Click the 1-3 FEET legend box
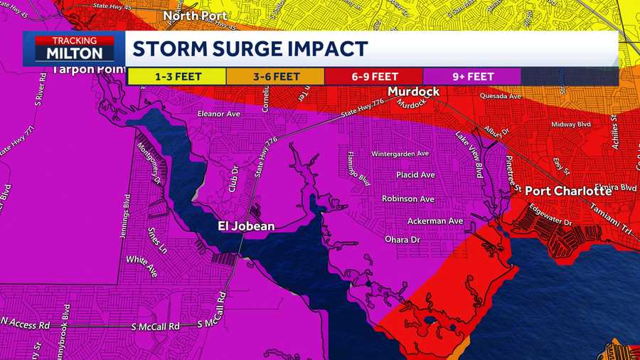(x=176, y=76)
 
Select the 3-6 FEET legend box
(x=274, y=76)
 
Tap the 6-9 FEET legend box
(x=373, y=76)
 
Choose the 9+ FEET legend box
(x=472, y=76)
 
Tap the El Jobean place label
(x=246, y=227)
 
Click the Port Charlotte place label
(x=568, y=191)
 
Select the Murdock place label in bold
(x=413, y=92)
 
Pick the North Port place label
(x=195, y=15)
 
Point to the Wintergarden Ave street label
(x=400, y=153)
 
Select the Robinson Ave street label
(x=408, y=198)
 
